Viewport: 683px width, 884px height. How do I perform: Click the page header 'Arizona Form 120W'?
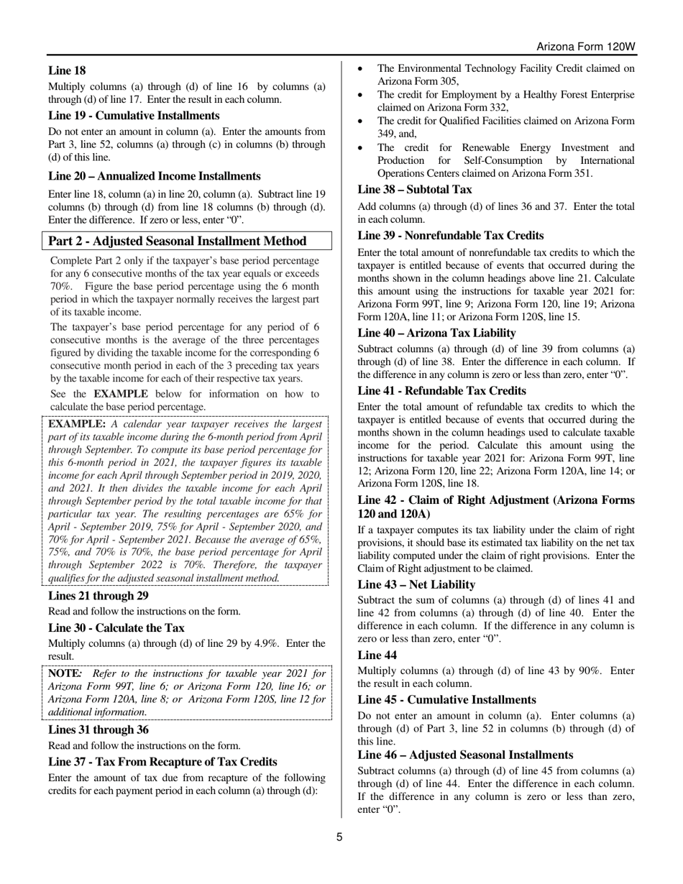pyautogui.click(x=586, y=47)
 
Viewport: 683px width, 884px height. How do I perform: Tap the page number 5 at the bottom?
pyautogui.click(x=341, y=837)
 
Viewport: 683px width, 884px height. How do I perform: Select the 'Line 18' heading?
pyautogui.click(x=67, y=70)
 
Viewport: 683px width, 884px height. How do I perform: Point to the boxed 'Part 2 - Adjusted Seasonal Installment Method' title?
pyautogui.click(x=177, y=241)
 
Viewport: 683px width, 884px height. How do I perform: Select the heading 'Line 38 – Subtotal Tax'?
pyautogui.click(x=415, y=190)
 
